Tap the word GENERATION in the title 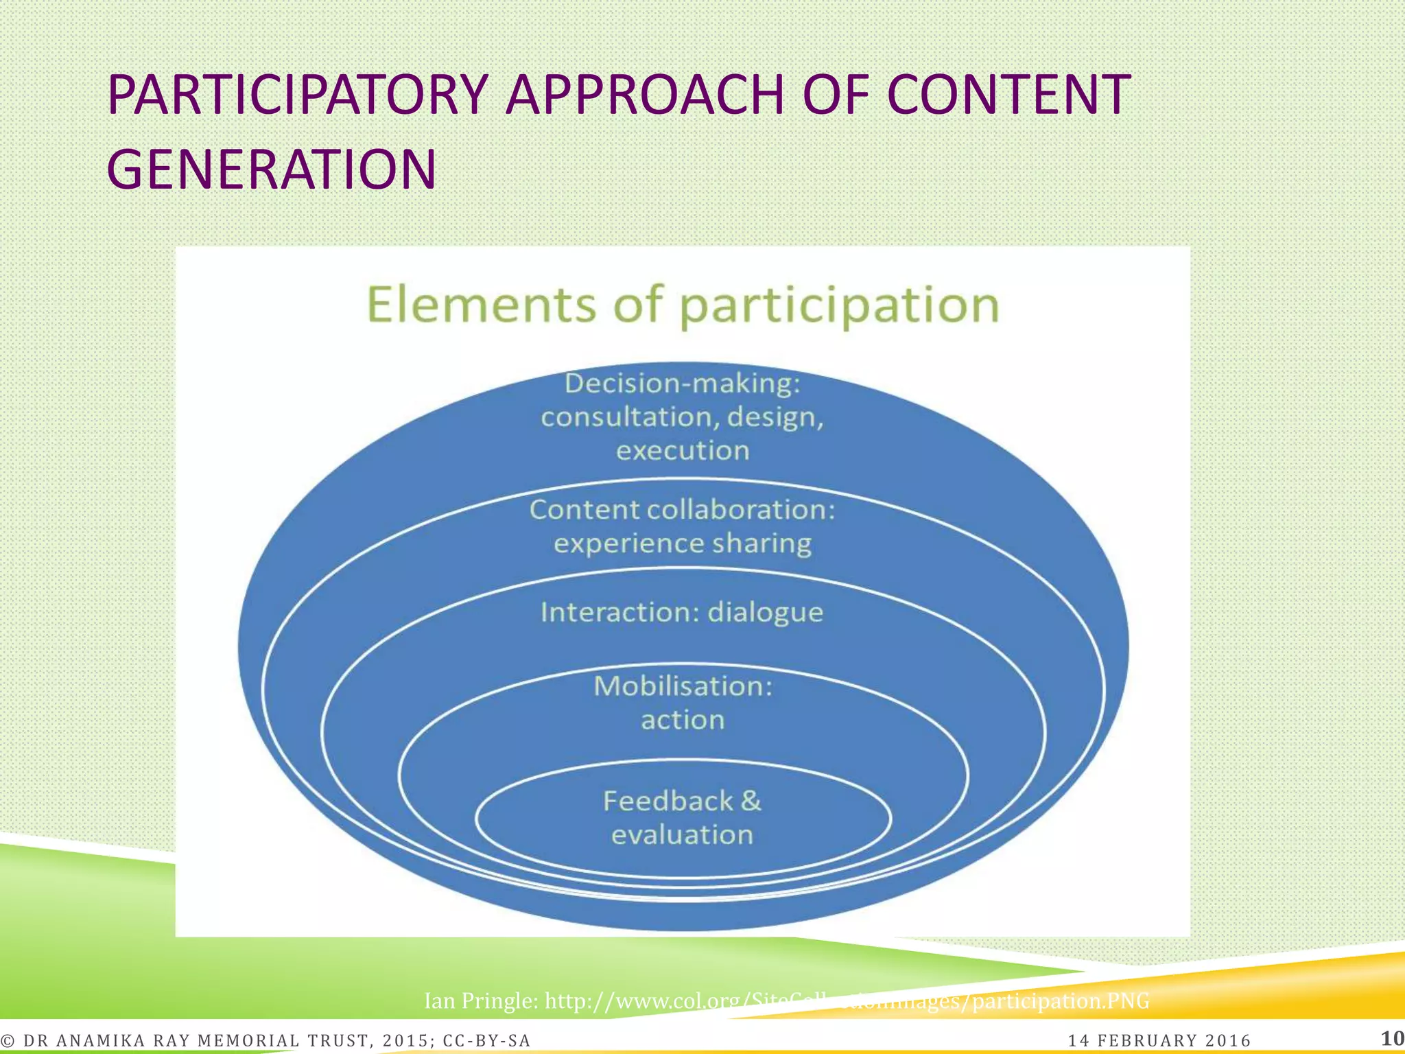click(271, 169)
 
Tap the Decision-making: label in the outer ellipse click(682, 384)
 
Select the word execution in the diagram click(683, 451)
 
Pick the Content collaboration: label click(682, 510)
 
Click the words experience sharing click(682, 543)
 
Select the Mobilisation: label click(683, 686)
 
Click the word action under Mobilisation click(683, 720)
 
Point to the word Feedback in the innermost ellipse click(668, 801)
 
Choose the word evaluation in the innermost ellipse click(682, 835)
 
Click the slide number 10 click(1392, 1038)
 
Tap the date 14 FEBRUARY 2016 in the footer click(1159, 1041)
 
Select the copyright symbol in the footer click(8, 1041)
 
